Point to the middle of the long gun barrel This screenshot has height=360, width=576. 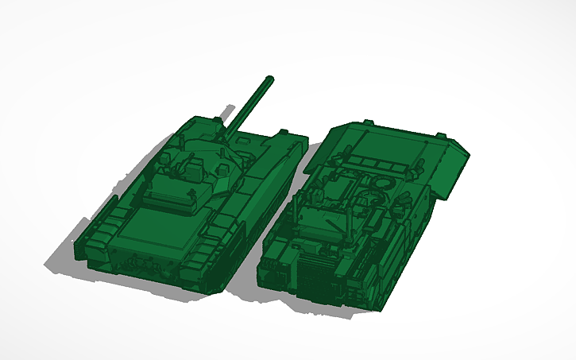click(249, 104)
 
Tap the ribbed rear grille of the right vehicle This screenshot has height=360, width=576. click(318, 274)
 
